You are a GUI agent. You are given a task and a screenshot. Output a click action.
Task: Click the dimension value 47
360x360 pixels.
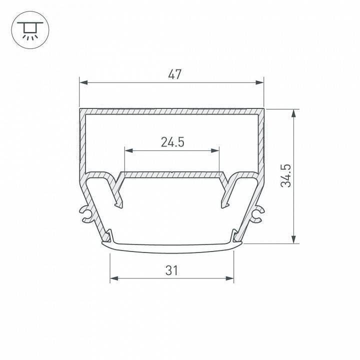174,75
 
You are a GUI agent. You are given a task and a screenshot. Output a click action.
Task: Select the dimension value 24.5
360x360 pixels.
172,142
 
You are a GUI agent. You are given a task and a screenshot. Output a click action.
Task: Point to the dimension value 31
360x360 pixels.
171,270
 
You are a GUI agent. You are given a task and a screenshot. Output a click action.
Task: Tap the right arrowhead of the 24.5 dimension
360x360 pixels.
215,150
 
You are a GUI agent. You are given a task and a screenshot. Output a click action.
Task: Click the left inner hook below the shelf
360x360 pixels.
118,195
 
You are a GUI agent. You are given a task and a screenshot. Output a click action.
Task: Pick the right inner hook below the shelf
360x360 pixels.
224,195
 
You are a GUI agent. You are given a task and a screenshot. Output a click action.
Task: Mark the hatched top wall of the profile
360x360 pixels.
171,110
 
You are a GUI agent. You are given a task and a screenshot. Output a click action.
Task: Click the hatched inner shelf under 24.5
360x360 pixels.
171,175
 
